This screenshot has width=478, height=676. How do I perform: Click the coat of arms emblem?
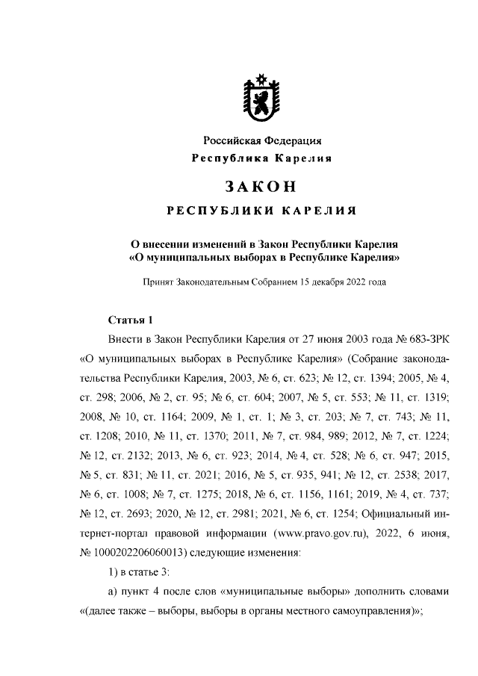(x=262, y=99)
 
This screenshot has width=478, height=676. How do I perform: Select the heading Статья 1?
(x=130, y=320)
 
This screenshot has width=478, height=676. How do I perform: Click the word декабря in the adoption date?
(x=330, y=283)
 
